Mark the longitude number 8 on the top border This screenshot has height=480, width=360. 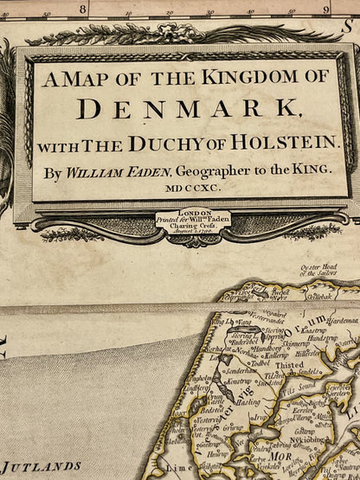click(82, 10)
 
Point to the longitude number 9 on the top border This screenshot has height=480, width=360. click(326, 10)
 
